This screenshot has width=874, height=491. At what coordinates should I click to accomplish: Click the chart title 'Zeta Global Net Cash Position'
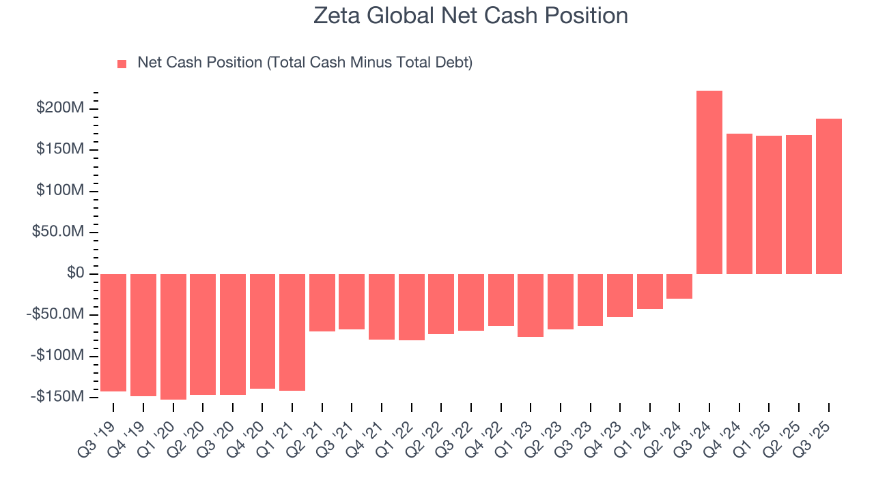click(x=470, y=15)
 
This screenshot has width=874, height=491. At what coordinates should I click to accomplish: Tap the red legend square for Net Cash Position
click(x=122, y=63)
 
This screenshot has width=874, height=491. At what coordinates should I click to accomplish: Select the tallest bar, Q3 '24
click(x=709, y=182)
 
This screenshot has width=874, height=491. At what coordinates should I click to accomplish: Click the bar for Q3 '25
click(x=828, y=196)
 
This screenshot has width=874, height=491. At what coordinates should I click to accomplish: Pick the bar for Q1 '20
click(x=173, y=336)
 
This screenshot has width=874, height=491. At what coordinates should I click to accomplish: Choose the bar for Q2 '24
click(x=679, y=286)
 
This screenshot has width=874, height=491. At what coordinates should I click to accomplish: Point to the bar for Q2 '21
click(x=322, y=303)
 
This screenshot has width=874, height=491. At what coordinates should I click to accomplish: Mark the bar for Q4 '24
click(x=739, y=204)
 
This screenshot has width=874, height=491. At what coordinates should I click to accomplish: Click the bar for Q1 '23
click(x=531, y=306)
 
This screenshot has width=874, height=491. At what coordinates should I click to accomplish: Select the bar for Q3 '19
click(x=113, y=332)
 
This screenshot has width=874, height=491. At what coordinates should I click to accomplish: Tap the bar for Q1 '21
click(x=292, y=332)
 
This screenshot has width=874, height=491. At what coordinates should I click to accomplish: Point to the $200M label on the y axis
click(x=61, y=108)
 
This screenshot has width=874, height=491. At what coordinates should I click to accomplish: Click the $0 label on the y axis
click(x=75, y=273)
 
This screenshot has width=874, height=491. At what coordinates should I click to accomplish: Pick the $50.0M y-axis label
click(x=59, y=232)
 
